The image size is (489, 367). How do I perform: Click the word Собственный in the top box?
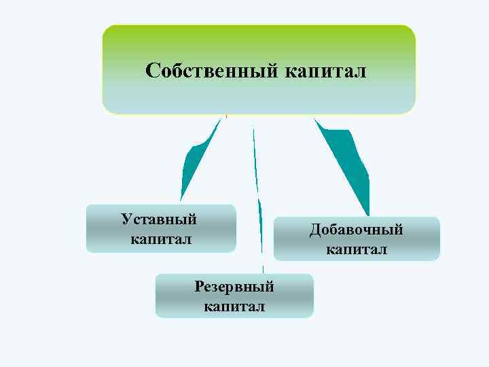(209, 71)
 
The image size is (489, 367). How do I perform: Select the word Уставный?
(159, 219)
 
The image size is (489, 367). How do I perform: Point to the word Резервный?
(234, 287)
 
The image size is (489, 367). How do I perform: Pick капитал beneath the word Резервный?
(234, 307)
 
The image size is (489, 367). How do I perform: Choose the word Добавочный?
(357, 230)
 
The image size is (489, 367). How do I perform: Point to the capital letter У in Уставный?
(126, 219)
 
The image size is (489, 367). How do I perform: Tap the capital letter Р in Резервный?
(199, 287)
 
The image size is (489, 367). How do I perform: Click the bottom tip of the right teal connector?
(367, 213)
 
